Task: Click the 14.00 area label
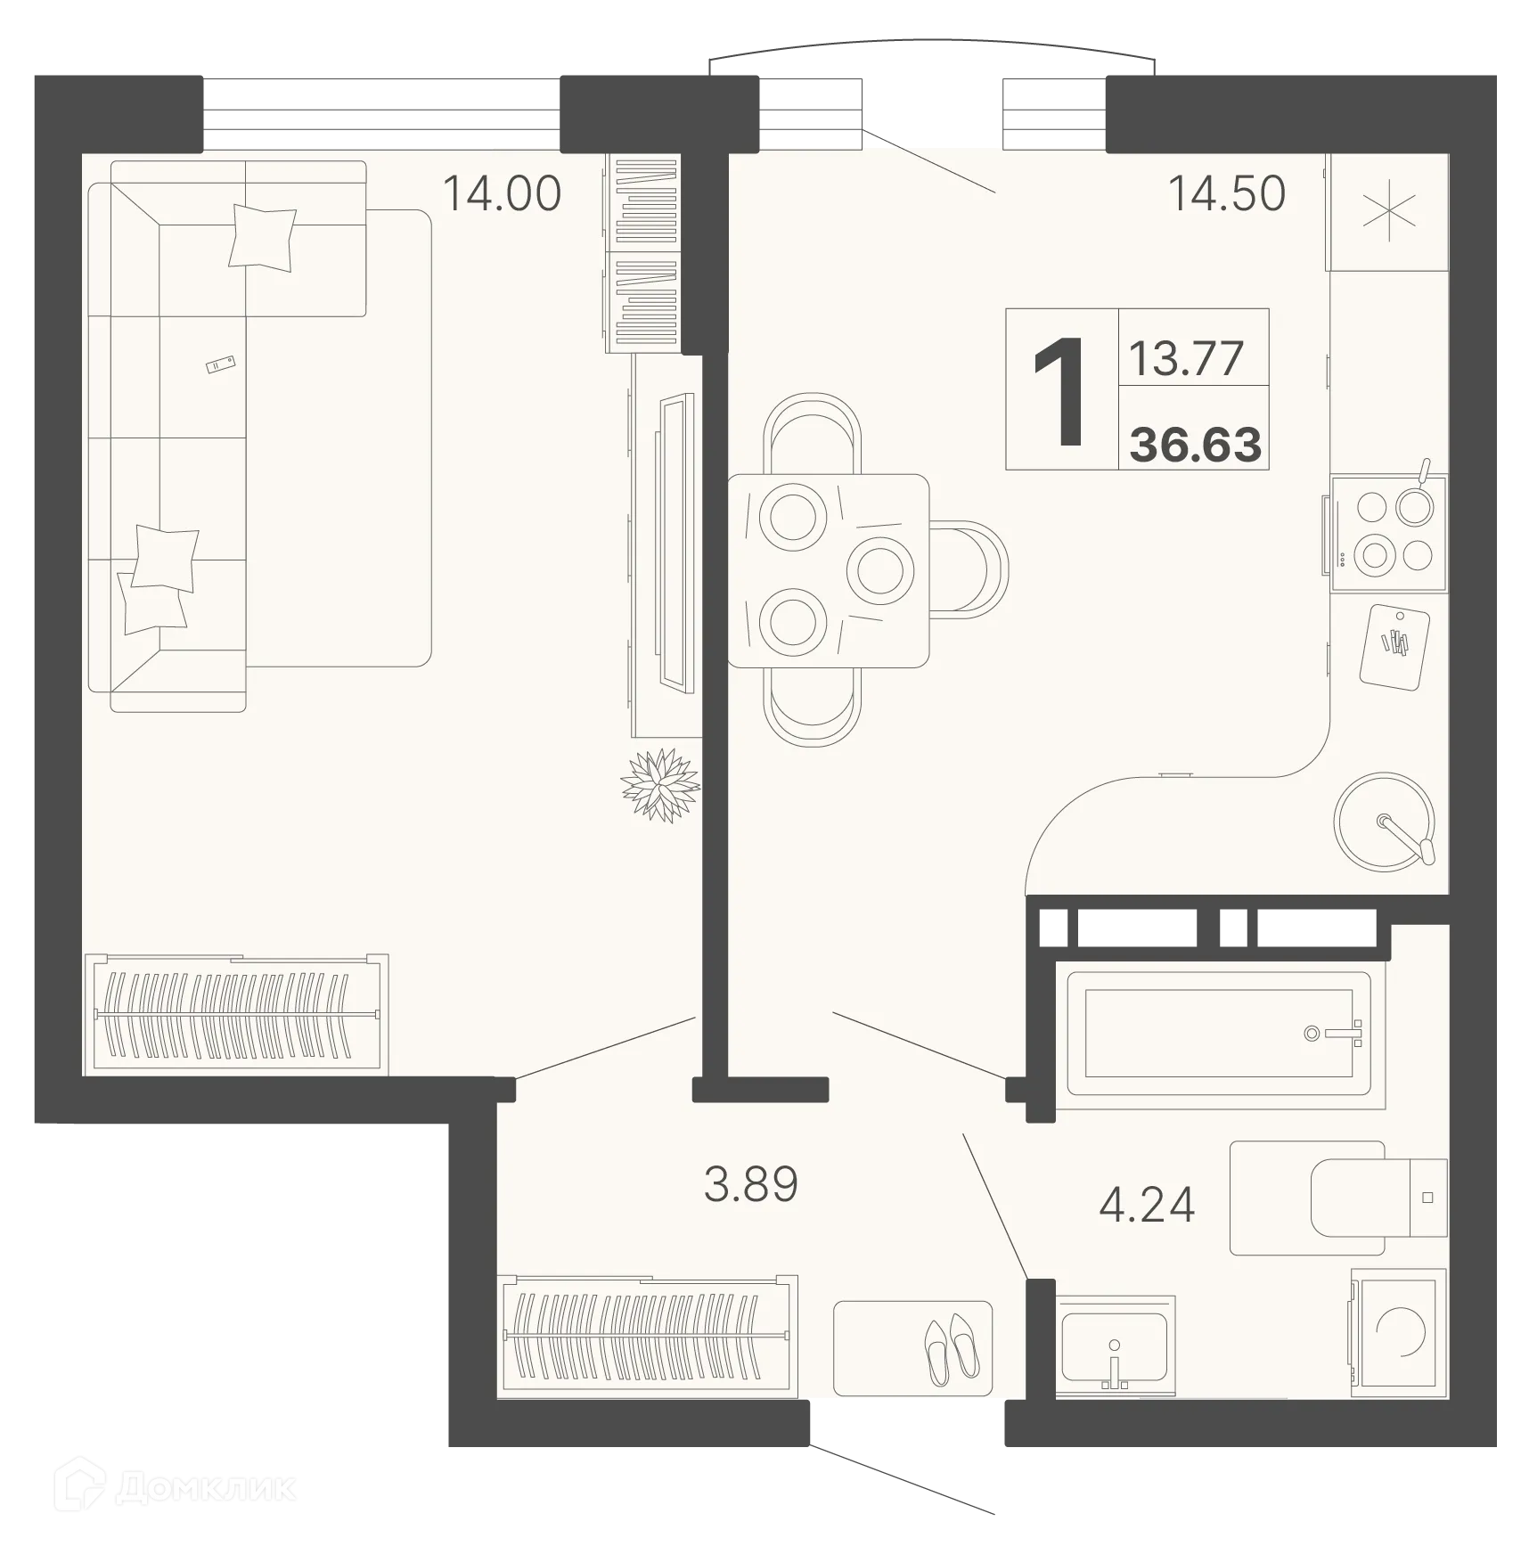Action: click(502, 193)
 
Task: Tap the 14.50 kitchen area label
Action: click(1226, 193)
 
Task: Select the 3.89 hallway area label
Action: click(750, 1184)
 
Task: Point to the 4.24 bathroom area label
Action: click(1146, 1205)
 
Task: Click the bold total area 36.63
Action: click(1195, 445)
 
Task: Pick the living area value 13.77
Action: click(1185, 358)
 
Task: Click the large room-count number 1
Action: click(1060, 392)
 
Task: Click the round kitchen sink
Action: click(1384, 821)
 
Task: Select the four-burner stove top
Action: click(1388, 532)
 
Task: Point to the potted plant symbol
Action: click(660, 785)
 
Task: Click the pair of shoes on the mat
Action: click(950, 1348)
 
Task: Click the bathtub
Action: click(1219, 1034)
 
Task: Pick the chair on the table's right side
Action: click(971, 570)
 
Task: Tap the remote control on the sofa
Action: click(220, 364)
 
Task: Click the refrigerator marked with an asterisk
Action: click(1388, 213)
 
